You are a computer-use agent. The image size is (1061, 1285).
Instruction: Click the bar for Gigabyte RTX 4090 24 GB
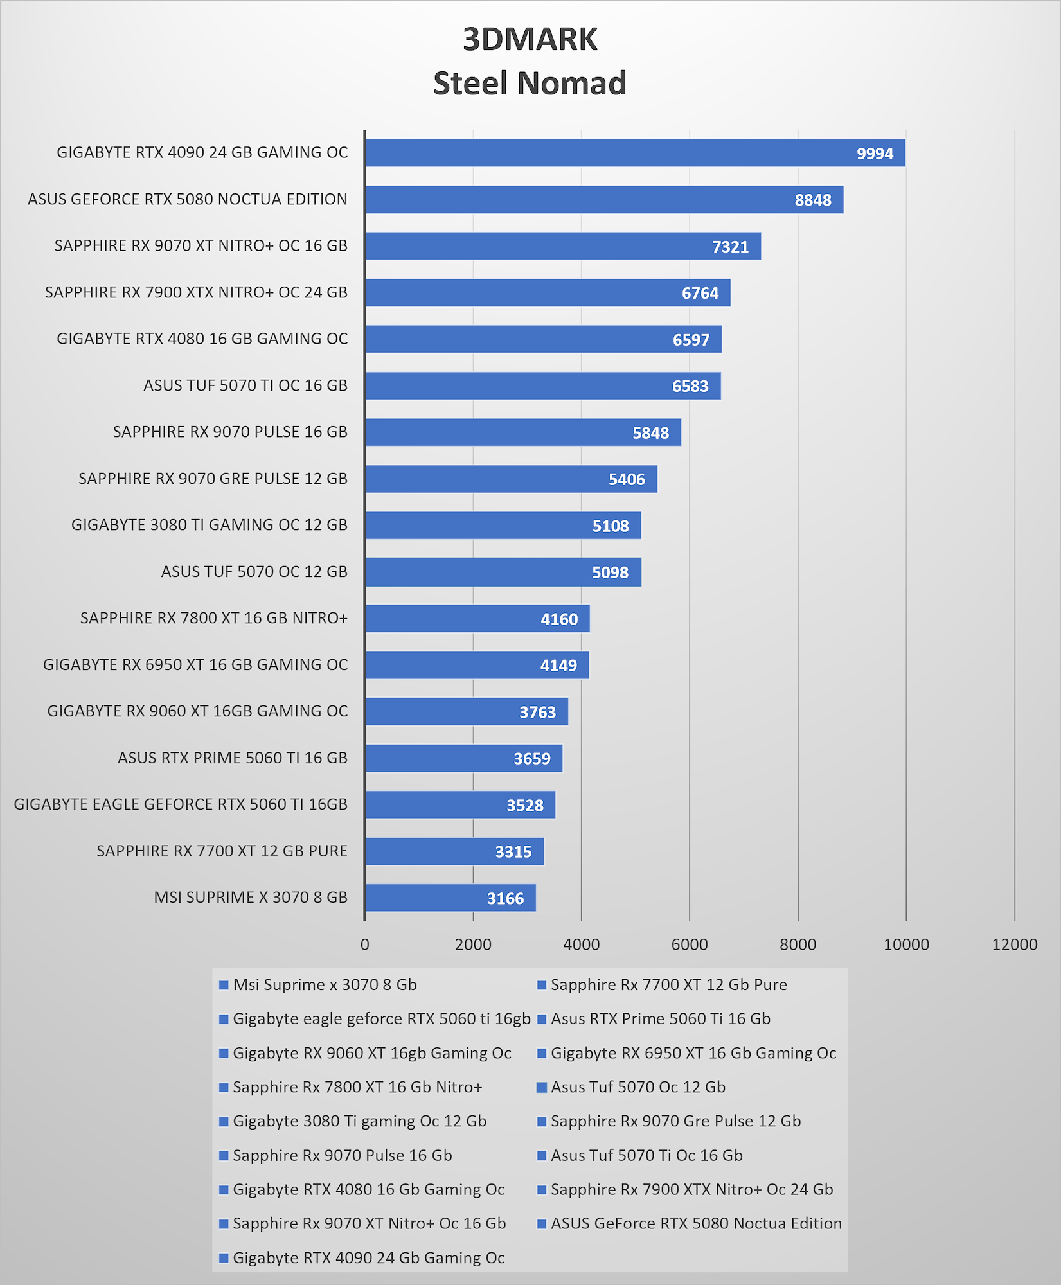point(635,153)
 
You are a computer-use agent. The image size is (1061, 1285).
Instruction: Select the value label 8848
point(813,200)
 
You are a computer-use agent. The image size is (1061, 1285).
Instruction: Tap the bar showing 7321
point(563,246)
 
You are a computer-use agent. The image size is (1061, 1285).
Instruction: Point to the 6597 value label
point(691,339)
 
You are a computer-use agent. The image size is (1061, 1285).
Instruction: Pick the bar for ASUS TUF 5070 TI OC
point(543,385)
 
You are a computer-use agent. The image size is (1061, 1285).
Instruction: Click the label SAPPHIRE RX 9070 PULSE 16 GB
point(230,432)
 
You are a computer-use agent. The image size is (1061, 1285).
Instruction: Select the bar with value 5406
point(511,479)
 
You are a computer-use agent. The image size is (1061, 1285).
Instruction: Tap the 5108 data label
point(611,526)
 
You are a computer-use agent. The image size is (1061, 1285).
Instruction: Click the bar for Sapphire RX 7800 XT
point(477,618)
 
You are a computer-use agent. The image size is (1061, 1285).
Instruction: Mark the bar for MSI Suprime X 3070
point(450,898)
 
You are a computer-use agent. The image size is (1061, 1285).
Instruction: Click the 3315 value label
point(513,851)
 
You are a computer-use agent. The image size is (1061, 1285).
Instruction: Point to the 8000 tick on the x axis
point(798,944)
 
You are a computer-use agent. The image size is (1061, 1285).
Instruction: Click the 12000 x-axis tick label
point(1015,944)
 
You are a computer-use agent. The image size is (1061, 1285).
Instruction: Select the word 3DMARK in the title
point(530,39)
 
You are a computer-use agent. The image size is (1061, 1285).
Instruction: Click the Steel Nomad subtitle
point(530,83)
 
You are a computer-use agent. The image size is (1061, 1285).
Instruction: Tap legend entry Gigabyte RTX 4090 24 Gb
point(362,1257)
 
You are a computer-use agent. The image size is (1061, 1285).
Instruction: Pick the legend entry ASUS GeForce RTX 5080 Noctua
point(690,1223)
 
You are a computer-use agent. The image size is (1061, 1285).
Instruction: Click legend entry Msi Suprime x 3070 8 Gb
point(318,984)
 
